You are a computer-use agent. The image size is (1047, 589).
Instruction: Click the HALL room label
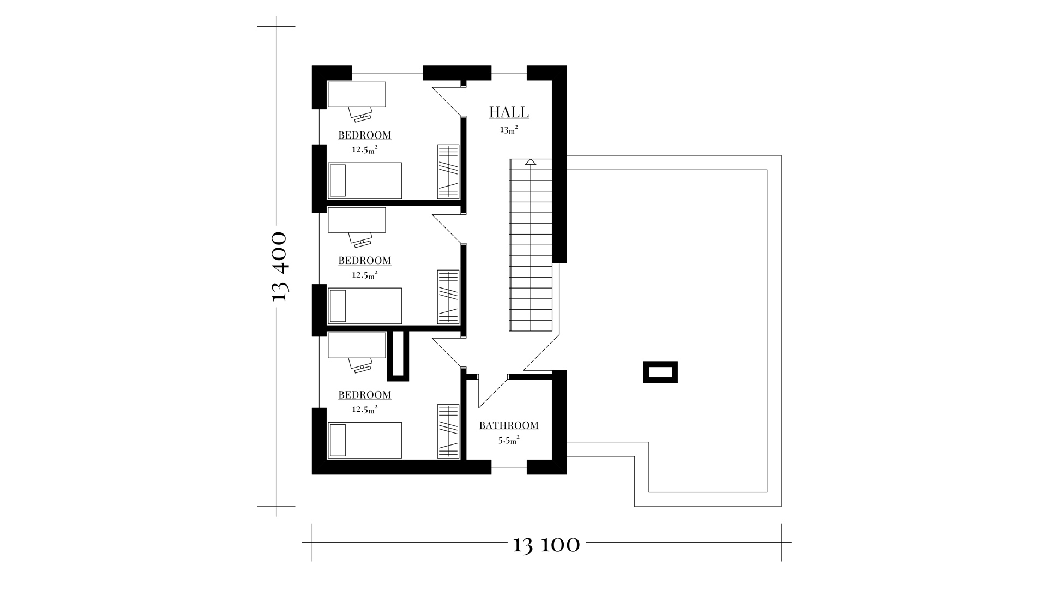[x=509, y=112]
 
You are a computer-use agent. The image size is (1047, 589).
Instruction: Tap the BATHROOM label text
[x=509, y=425]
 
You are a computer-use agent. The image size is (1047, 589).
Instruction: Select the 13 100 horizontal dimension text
[x=546, y=545]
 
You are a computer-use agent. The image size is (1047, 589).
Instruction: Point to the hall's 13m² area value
[x=509, y=130]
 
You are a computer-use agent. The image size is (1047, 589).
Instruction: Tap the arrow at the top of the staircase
[x=531, y=161]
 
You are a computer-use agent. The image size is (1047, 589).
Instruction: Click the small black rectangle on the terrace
[x=660, y=372]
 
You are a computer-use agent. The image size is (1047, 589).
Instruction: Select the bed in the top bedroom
[x=364, y=180]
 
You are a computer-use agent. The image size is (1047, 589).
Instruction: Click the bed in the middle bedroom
[x=364, y=306]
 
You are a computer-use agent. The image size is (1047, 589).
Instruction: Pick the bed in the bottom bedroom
[x=364, y=440]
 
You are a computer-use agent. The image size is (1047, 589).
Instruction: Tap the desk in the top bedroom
[x=357, y=94]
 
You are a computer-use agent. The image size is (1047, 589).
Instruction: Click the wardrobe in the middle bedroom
[x=448, y=297]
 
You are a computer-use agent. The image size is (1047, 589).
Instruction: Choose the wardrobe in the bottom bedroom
[x=448, y=431]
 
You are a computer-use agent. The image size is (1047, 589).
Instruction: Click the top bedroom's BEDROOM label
[x=365, y=135]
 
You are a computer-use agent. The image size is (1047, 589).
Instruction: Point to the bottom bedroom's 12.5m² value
[x=365, y=408]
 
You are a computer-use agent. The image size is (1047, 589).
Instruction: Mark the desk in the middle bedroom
[x=357, y=220]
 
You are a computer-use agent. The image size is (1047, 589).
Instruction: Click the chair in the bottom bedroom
[x=360, y=365]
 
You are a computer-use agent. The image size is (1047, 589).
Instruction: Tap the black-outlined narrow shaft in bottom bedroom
[x=398, y=356]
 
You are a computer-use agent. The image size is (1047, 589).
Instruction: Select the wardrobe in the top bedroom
[x=448, y=171]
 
